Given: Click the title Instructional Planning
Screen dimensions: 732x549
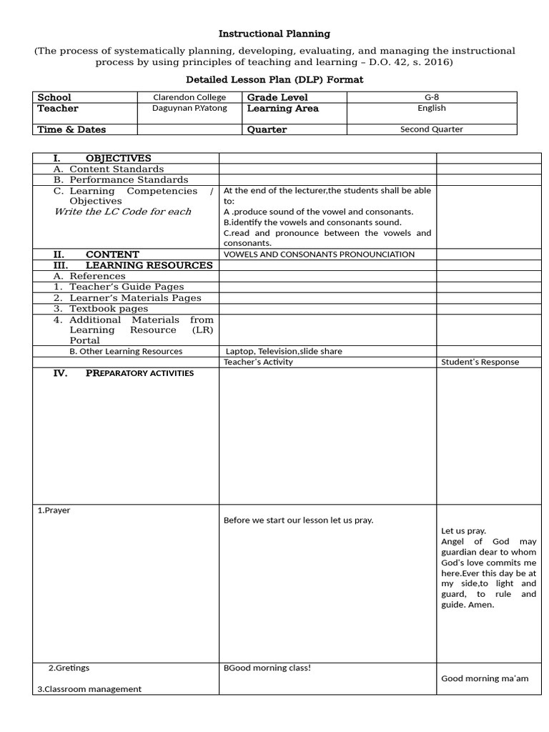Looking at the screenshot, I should click(x=274, y=34).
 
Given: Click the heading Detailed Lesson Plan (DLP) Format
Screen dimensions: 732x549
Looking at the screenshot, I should click(x=274, y=79).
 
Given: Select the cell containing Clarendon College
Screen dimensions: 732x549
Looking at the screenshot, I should click(x=189, y=97).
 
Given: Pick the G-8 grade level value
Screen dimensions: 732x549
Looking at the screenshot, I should click(x=431, y=97).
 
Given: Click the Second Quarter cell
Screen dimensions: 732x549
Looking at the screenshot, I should click(x=431, y=129).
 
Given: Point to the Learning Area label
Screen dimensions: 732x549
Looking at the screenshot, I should click(x=282, y=109).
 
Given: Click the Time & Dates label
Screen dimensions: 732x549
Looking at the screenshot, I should click(x=71, y=129).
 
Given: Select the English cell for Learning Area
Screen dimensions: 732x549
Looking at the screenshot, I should click(x=431, y=108).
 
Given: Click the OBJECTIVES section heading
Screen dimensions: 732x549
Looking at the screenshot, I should click(x=118, y=158).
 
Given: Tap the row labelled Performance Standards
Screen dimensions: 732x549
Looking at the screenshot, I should click(x=121, y=180).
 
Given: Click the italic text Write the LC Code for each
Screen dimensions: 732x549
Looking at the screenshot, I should click(x=123, y=212).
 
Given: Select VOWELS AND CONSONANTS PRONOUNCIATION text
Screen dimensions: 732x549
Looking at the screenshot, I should click(x=319, y=254).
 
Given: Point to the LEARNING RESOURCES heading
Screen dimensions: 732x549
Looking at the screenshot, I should click(x=149, y=265).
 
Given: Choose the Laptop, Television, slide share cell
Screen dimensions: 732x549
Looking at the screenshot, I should click(x=284, y=351).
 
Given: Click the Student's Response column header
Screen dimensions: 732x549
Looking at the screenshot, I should click(x=480, y=362).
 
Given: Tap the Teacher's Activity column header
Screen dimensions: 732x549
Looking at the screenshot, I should click(x=258, y=362).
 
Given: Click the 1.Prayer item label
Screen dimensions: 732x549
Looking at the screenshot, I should click(x=54, y=510).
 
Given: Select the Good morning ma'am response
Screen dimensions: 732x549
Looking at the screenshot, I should click(x=485, y=678).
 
